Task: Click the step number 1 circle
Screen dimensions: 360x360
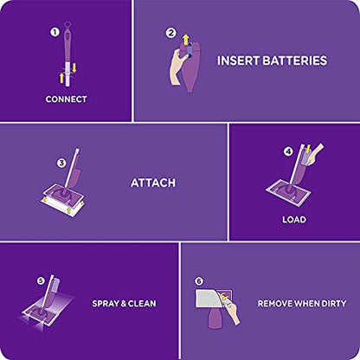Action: pyautogui.click(x=55, y=32)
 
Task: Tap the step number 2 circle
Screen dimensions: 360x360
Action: pyautogui.click(x=171, y=33)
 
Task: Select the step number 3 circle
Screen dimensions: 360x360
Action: pyautogui.click(x=61, y=164)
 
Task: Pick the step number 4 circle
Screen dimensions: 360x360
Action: pyautogui.click(x=288, y=151)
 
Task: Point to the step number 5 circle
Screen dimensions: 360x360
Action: pyautogui.click(x=41, y=280)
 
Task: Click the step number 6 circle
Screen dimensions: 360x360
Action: pyautogui.click(x=199, y=281)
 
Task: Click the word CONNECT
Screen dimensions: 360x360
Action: pyautogui.click(x=66, y=100)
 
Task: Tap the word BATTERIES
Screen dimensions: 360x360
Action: pyautogui.click(x=295, y=61)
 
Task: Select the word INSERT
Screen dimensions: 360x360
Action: pyautogui.click(x=238, y=61)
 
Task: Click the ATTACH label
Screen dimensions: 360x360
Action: pyautogui.click(x=153, y=183)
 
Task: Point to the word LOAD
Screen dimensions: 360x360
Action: pyautogui.click(x=294, y=220)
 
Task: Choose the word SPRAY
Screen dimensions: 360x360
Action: pyautogui.click(x=106, y=304)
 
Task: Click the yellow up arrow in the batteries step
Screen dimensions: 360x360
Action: pyautogui.click(x=186, y=39)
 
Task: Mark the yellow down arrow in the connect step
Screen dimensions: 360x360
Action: pyautogui.click(x=74, y=68)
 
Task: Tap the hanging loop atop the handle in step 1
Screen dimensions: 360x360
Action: pyautogui.click(x=67, y=25)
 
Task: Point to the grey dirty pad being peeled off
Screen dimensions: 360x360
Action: pyautogui.click(x=209, y=299)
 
